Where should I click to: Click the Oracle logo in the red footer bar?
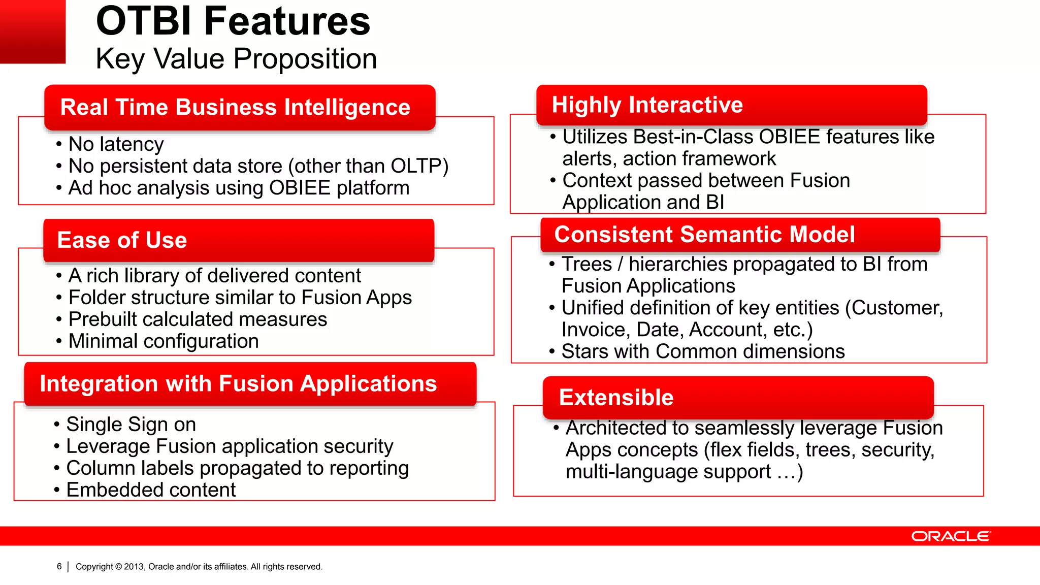click(951, 536)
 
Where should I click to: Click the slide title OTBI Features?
click(233, 21)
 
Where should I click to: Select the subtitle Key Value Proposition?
click(236, 59)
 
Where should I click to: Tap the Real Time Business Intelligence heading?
click(235, 107)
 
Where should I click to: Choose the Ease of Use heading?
click(122, 240)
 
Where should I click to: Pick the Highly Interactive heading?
click(647, 105)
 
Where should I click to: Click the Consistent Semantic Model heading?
click(704, 235)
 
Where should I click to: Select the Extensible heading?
click(616, 397)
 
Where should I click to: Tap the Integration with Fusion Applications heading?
click(238, 383)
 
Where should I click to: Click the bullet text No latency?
click(116, 144)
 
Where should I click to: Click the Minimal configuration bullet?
click(164, 341)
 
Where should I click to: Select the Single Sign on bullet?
click(131, 425)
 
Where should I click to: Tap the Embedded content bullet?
click(151, 490)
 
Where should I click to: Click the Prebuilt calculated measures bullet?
click(198, 319)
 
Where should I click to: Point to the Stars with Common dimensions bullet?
click(703, 351)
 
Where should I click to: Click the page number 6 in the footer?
click(59, 566)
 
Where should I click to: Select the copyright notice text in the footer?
click(199, 567)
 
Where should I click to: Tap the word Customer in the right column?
click(896, 308)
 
